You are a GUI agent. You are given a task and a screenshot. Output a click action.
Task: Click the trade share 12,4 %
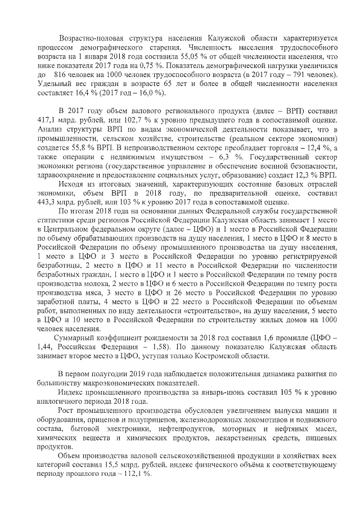(317, 148)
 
